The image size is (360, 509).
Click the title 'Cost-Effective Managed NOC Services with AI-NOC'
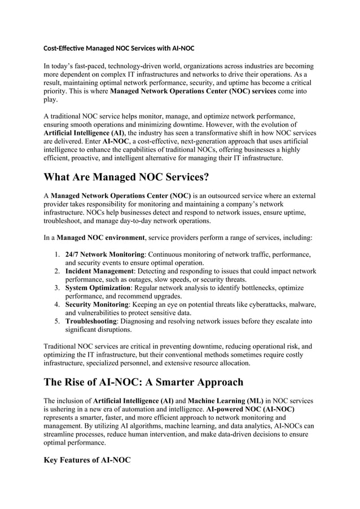pos(119,49)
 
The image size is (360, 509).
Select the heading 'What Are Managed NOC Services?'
pos(126,177)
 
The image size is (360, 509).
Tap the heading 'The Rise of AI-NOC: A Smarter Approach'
pos(143,382)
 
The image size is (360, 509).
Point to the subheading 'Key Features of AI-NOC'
pos(87,460)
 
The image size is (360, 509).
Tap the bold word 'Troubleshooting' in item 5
pos(91,321)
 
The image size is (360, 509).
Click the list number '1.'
pos(58,254)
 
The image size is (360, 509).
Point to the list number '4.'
pos(58,305)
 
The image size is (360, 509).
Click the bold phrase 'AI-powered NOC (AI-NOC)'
pos(250,409)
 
